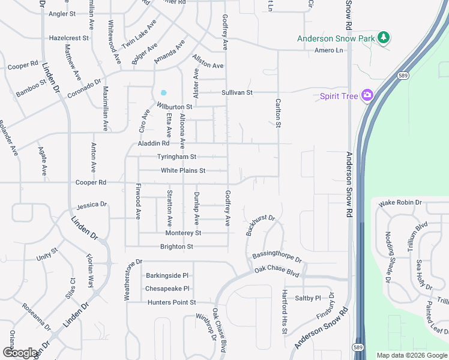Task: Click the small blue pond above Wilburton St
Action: pyautogui.click(x=163, y=93)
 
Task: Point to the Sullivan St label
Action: pyautogui.click(x=237, y=93)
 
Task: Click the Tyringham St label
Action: pyautogui.click(x=176, y=157)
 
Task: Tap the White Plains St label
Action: pyautogui.click(x=183, y=171)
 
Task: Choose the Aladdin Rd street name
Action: pyautogui.click(x=154, y=143)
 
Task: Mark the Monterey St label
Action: pyautogui.click(x=183, y=233)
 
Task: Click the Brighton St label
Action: pyautogui.click(x=176, y=247)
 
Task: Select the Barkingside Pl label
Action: pyautogui.click(x=167, y=275)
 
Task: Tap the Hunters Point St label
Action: pyautogui.click(x=172, y=302)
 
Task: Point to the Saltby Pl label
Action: pyautogui.click(x=308, y=298)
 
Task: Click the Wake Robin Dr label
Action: pyautogui.click(x=400, y=203)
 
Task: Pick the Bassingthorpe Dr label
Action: pyautogui.click(x=277, y=256)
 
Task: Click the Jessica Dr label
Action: pyautogui.click(x=91, y=205)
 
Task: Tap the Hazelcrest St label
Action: pyautogui.click(x=69, y=37)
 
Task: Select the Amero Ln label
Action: pyautogui.click(x=329, y=50)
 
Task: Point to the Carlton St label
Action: pyautogui.click(x=278, y=113)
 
